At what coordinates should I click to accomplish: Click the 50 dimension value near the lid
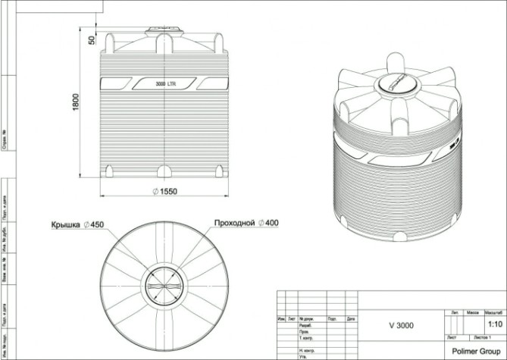(92, 39)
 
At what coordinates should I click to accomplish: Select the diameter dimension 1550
(164, 192)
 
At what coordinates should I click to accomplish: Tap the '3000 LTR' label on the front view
(165, 83)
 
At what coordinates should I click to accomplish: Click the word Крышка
(67, 224)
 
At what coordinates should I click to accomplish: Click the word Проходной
(234, 224)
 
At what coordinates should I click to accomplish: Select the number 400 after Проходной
(272, 224)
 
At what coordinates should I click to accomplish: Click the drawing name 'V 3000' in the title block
(401, 326)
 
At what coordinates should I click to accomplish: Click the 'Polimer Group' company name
(475, 351)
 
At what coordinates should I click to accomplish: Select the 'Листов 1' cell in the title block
(483, 337)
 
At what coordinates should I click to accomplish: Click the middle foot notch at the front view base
(164, 171)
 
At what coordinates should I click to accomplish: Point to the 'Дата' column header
(350, 319)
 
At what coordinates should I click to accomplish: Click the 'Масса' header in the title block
(473, 312)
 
